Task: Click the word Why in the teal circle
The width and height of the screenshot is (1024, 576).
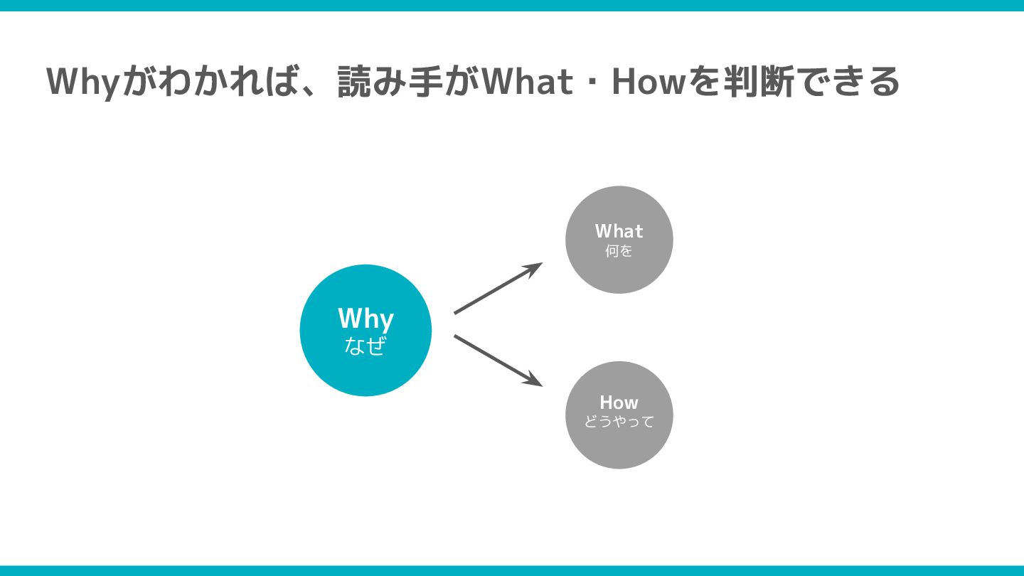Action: (366, 319)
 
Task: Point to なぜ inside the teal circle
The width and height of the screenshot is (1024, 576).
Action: (365, 346)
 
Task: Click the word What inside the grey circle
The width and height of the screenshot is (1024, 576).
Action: (619, 231)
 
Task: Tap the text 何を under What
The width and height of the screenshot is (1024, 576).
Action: (619, 251)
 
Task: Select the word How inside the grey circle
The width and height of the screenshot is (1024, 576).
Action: (619, 402)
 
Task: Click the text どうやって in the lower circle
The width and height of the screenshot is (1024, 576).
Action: (619, 422)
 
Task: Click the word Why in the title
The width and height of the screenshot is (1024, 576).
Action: (81, 82)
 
